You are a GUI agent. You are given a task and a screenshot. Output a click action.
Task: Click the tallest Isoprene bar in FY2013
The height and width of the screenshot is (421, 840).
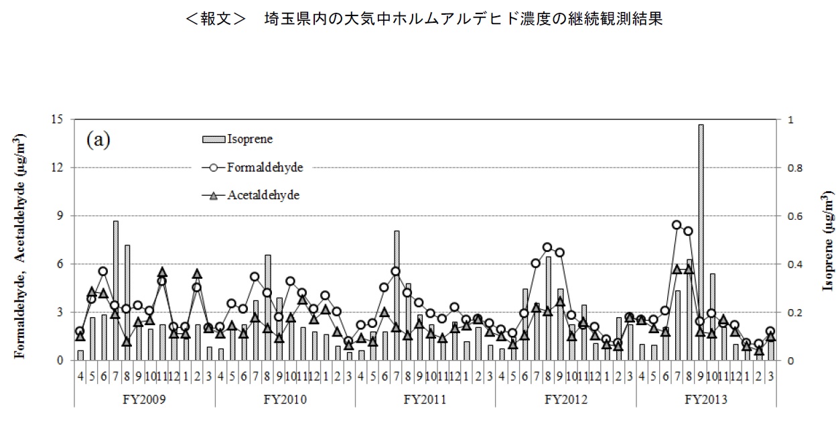[701, 241]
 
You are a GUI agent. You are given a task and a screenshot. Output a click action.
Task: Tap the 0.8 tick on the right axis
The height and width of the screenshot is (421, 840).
[795, 168]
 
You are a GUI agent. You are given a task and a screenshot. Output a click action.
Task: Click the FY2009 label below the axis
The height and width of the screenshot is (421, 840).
[145, 400]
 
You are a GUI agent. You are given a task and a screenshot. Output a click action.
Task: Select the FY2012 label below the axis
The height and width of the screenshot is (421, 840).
[565, 400]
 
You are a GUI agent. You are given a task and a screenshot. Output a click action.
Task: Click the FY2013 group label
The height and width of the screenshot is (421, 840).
[706, 400]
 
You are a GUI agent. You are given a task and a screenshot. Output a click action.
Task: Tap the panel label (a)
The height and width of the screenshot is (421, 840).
[98, 140]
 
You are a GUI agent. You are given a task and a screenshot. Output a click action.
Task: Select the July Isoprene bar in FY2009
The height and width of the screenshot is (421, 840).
[116, 290]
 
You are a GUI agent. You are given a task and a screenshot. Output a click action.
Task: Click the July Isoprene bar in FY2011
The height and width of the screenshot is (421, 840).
[397, 295]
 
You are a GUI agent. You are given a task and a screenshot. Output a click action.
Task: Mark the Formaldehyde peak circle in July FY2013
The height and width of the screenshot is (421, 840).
[677, 225]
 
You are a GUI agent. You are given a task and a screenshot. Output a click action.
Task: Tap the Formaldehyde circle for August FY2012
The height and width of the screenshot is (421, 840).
[547, 247]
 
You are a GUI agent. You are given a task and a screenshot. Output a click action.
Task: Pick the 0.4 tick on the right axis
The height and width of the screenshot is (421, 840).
[795, 264]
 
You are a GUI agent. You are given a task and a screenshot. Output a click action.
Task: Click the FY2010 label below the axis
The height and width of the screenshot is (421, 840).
[285, 400]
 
